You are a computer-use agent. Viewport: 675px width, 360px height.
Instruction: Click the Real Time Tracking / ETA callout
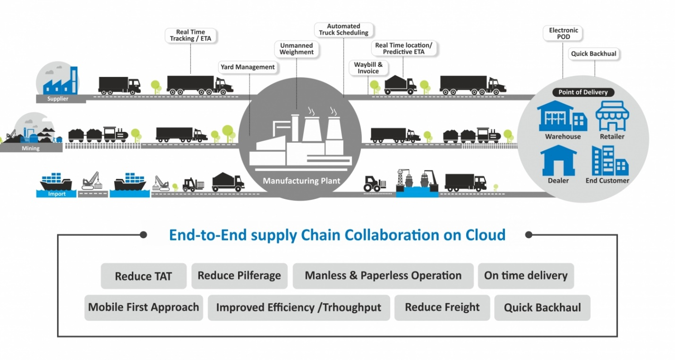[190, 35]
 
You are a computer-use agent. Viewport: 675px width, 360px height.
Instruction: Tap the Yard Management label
[248, 67]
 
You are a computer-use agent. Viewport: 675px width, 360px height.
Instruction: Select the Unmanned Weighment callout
[297, 49]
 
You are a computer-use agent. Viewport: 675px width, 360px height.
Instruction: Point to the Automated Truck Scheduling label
[343, 30]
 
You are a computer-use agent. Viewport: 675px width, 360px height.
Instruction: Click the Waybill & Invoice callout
[368, 68]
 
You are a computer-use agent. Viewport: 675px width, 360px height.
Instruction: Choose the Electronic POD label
[563, 34]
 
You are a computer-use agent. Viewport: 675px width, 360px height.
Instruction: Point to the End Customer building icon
[609, 161]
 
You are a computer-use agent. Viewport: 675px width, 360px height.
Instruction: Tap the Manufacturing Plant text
[301, 181]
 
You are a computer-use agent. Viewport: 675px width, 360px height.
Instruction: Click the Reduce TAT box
[144, 276]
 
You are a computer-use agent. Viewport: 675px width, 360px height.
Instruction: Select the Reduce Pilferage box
[239, 275]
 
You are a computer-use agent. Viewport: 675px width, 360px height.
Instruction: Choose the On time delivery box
[526, 275]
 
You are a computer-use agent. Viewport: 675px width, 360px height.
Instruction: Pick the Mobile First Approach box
[144, 307]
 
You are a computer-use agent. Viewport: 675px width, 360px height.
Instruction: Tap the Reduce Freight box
[442, 307]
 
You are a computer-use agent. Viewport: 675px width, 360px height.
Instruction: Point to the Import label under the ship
[57, 194]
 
